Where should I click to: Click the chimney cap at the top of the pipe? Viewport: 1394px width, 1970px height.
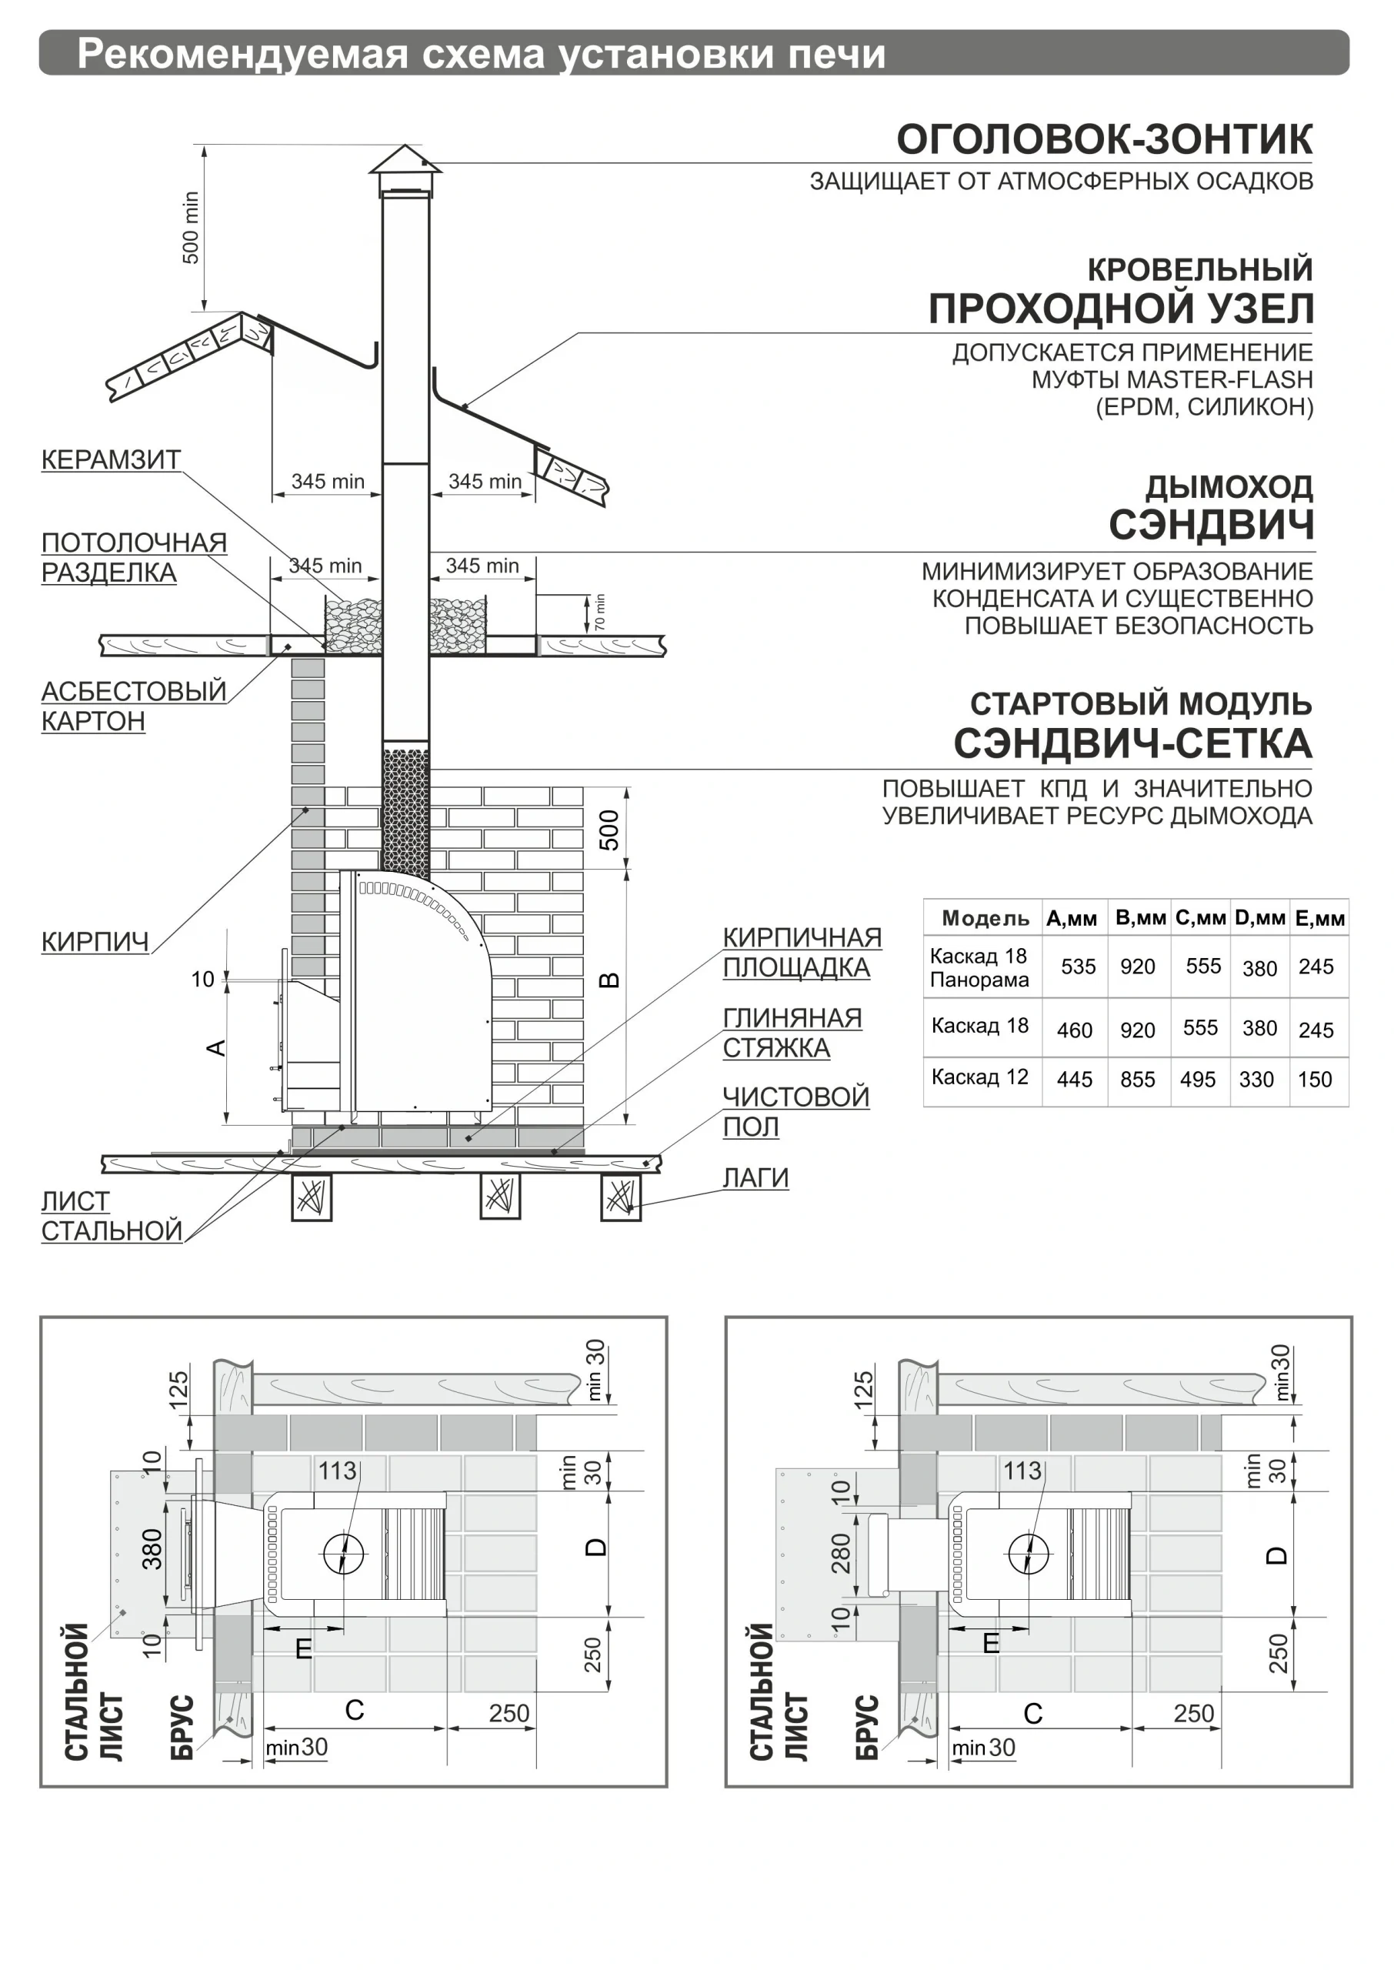click(405, 165)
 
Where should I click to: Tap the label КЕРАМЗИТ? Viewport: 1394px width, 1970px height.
click(111, 460)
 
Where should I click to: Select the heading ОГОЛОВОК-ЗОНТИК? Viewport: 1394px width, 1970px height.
click(1104, 140)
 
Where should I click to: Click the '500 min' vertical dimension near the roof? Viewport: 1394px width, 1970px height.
click(191, 228)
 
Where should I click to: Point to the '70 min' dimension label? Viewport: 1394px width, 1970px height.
click(599, 611)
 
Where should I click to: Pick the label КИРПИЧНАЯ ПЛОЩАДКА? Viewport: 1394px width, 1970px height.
click(802, 952)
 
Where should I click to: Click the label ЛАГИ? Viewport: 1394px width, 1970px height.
click(755, 1177)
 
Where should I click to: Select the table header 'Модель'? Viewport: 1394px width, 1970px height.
click(985, 919)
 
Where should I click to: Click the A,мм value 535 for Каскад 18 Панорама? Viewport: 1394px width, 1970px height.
click(1077, 967)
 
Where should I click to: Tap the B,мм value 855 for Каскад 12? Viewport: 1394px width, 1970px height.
click(1137, 1080)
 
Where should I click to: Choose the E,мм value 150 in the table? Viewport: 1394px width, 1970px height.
click(1314, 1080)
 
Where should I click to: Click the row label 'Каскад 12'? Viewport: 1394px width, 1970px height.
click(979, 1077)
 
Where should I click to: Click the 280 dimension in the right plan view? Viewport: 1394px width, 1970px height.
click(840, 1552)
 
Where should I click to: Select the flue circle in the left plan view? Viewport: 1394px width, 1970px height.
click(343, 1554)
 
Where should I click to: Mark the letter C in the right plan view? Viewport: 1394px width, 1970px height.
click(1032, 1713)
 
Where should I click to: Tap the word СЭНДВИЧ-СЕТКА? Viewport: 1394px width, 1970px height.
click(1132, 743)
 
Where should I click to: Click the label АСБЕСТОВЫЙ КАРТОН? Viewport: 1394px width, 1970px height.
click(133, 706)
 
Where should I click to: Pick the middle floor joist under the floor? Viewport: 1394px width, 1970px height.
click(499, 1196)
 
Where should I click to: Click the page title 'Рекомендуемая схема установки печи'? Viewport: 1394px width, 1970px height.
click(481, 54)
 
